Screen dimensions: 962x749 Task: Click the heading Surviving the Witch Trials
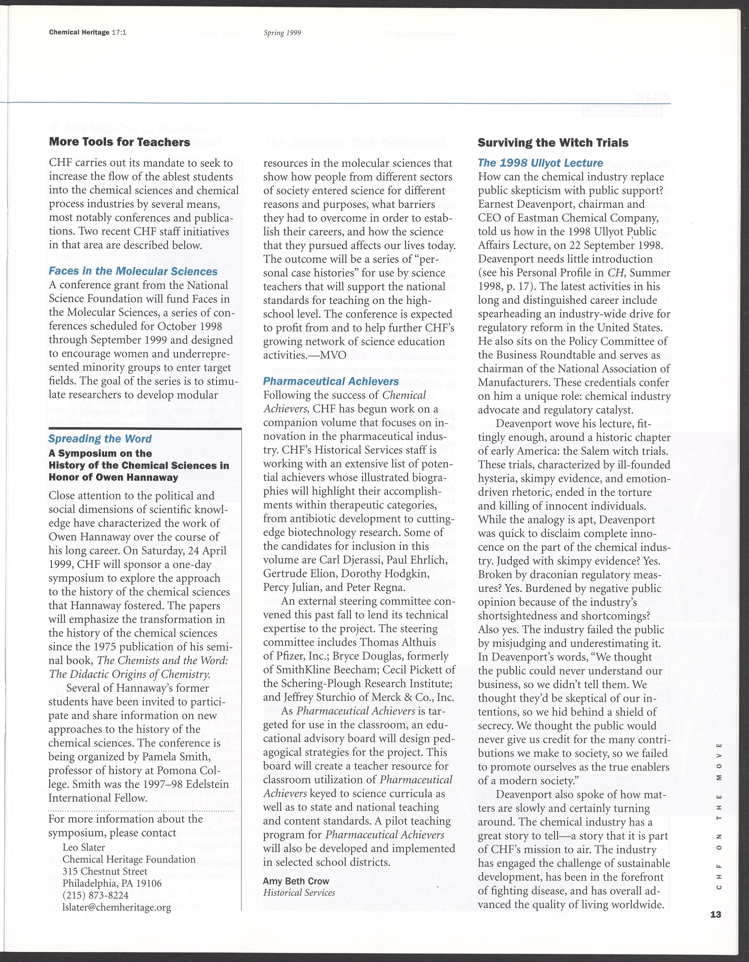click(553, 143)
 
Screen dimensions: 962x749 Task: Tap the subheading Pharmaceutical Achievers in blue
click(331, 381)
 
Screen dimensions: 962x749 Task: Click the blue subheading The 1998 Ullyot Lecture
click(540, 163)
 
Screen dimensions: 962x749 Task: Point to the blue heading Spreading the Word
click(100, 439)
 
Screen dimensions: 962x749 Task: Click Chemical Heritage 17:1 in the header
click(88, 32)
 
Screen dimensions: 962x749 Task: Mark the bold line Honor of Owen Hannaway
click(113, 477)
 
